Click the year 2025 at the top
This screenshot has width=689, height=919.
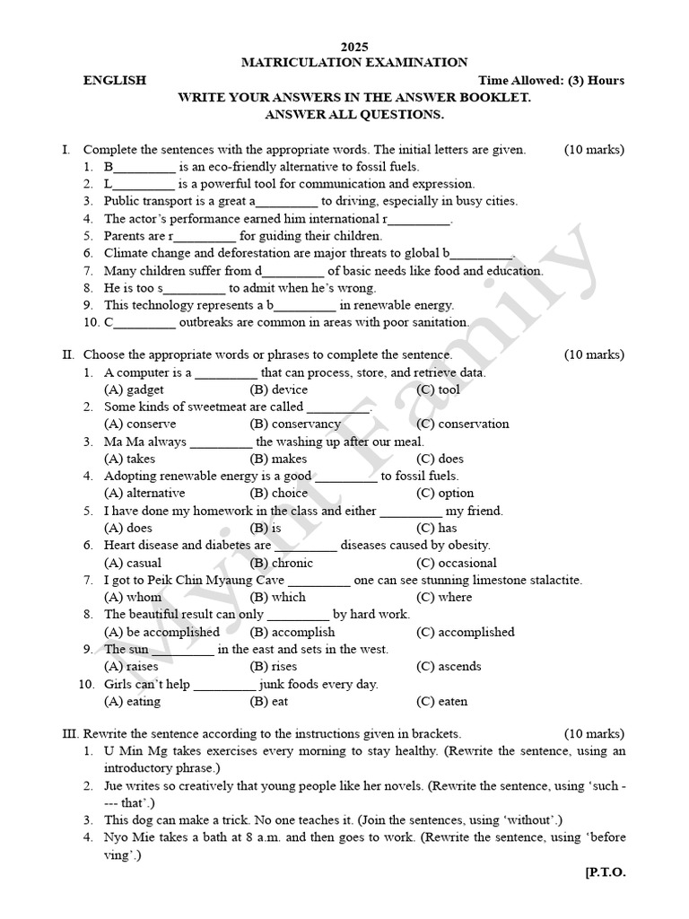354,47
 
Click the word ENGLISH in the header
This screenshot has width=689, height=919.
115,81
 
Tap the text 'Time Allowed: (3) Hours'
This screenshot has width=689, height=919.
552,81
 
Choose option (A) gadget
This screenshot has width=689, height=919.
134,389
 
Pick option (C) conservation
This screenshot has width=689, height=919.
463,424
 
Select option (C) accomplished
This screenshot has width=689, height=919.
465,632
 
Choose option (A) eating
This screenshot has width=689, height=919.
133,701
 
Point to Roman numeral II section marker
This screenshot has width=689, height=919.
68,355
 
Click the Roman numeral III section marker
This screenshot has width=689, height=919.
71,734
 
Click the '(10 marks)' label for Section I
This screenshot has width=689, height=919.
594,150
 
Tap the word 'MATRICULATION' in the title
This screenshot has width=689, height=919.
297,63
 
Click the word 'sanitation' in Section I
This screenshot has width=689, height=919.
440,322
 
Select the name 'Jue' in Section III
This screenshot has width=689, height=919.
114,786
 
